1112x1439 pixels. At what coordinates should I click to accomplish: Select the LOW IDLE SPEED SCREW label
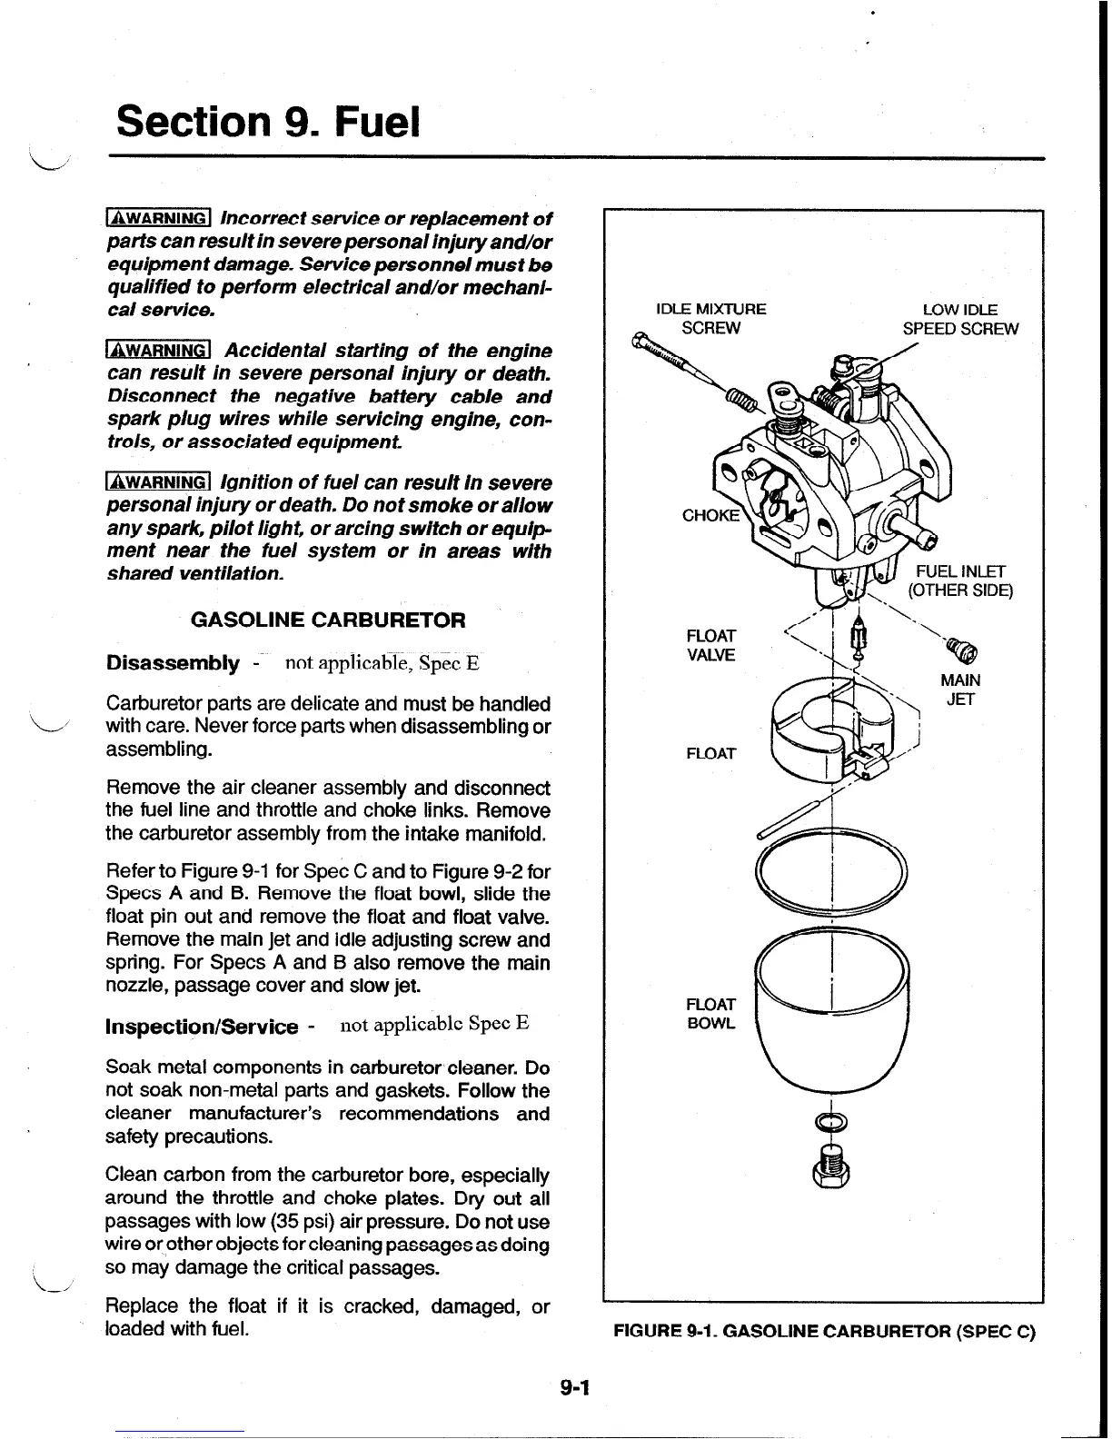[960, 319]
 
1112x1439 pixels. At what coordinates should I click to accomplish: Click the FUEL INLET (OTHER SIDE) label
[960, 581]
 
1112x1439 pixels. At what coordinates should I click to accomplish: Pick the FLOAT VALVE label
[711, 645]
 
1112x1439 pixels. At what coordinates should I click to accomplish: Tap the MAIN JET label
[960, 690]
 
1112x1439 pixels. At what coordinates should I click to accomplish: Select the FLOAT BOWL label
[710, 1014]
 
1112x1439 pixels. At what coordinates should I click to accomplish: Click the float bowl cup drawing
[831, 1008]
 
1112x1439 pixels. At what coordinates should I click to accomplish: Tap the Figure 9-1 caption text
[824, 1333]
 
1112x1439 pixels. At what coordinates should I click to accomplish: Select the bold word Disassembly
[173, 662]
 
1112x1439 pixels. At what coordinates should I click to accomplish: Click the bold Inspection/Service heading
[202, 1027]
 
